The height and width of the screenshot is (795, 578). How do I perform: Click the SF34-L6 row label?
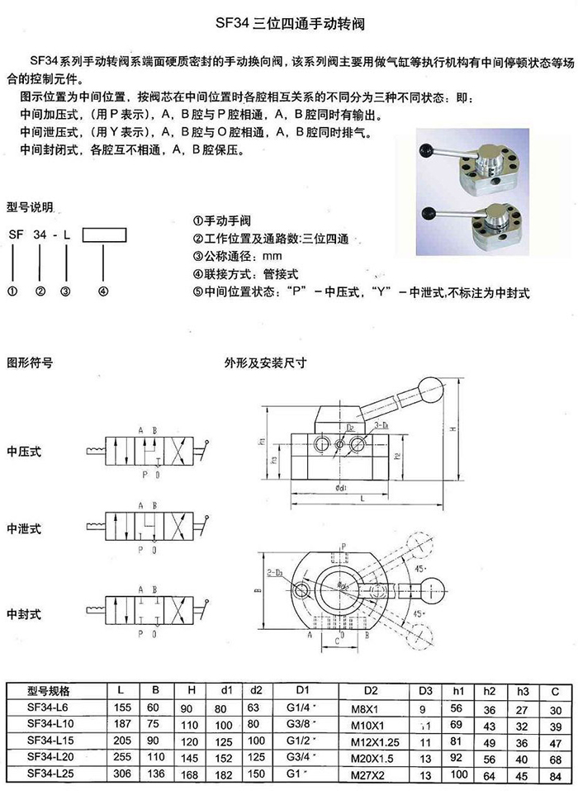click(x=49, y=708)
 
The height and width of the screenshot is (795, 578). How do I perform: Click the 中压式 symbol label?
click(x=24, y=452)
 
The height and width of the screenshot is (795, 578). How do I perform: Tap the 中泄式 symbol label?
click(x=24, y=528)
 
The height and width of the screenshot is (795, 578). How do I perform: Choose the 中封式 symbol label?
click(x=24, y=614)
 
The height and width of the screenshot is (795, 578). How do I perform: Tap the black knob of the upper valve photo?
click(x=429, y=151)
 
